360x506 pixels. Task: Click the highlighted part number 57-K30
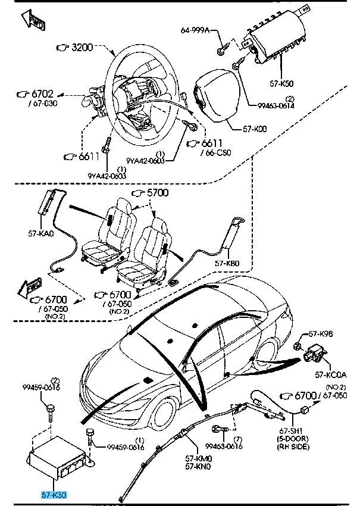tap(54, 494)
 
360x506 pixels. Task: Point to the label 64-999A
tap(195, 30)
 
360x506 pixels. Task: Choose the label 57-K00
tap(255, 129)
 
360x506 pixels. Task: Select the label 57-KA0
tap(42, 235)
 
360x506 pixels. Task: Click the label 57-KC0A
tap(330, 374)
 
